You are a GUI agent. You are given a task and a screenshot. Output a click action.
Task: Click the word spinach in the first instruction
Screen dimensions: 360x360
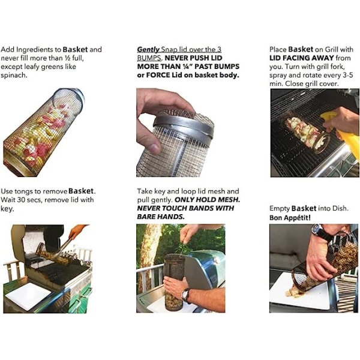[x=13, y=76]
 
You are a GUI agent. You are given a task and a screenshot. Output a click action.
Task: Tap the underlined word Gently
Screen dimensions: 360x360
[x=148, y=49]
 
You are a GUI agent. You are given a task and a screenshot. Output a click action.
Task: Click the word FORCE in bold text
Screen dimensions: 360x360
[x=158, y=75]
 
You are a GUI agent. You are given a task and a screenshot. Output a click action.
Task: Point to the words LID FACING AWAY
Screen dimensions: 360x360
[x=301, y=58]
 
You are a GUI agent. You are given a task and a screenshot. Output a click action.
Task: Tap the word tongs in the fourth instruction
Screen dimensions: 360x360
[x=22, y=192]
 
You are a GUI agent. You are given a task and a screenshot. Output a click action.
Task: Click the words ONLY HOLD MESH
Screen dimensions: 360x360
[x=208, y=200]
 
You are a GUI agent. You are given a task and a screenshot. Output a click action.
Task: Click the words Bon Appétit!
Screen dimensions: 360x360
[x=290, y=217]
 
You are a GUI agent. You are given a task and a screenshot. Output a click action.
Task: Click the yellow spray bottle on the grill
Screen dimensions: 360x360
[x=341, y=132]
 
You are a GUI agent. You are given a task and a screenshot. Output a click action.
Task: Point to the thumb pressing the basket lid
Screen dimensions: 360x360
[x=149, y=144]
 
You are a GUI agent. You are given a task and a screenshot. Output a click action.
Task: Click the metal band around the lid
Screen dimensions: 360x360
[x=184, y=128]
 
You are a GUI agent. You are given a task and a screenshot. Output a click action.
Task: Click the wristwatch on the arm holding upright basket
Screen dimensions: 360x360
[x=185, y=295]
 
